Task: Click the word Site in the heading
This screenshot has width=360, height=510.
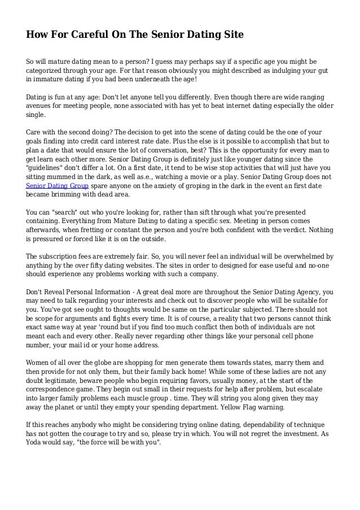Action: [x=231, y=35]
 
